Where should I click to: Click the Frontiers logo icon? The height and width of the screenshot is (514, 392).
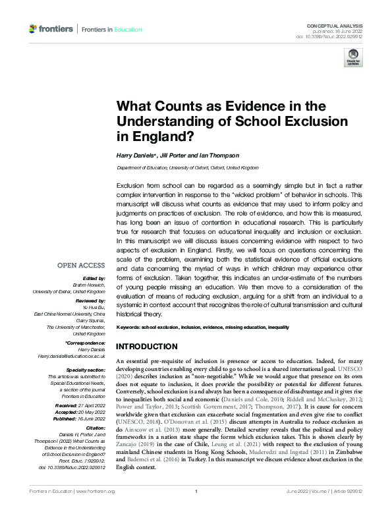34,29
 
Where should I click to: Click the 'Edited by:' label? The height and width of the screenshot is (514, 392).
94,279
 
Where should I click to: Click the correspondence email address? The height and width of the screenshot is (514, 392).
71,356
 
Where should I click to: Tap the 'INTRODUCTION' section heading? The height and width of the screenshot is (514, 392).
146,347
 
